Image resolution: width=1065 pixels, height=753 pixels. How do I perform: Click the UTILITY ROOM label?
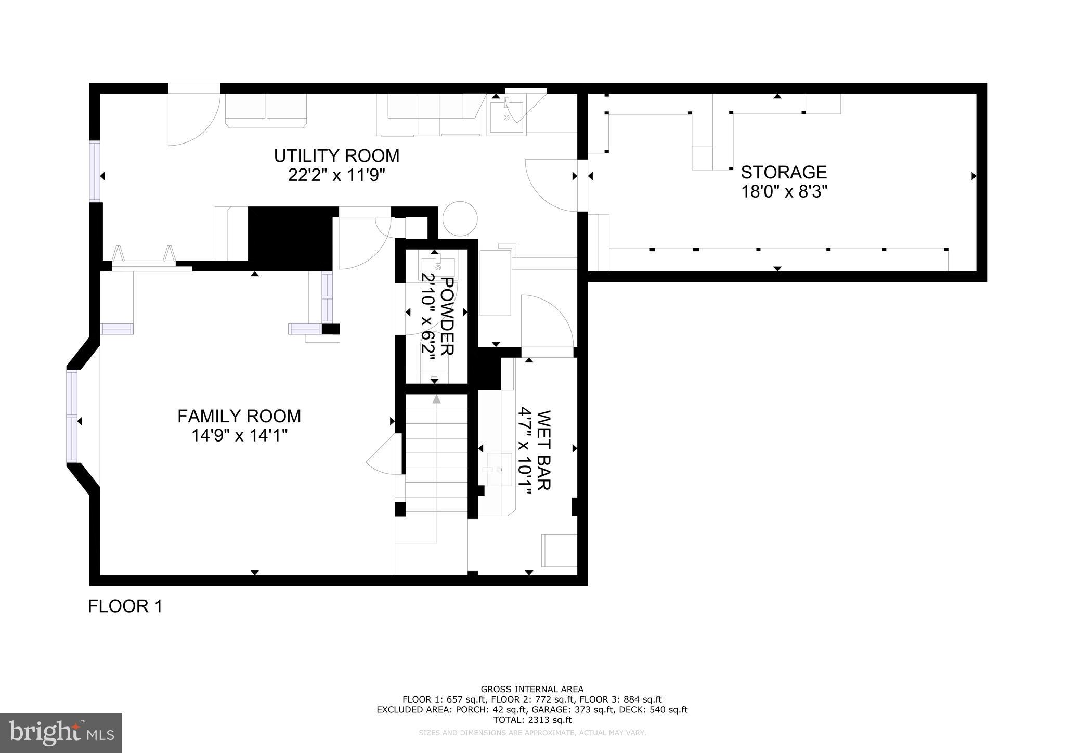[336, 155]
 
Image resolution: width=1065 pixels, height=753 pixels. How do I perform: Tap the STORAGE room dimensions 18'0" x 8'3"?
[784, 192]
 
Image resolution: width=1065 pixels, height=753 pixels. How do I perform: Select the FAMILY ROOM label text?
[239, 416]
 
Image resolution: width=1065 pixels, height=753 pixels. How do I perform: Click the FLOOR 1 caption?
[125, 606]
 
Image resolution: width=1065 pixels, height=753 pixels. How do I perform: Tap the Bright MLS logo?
[61, 732]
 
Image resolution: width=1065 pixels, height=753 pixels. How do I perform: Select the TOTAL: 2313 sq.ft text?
[532, 720]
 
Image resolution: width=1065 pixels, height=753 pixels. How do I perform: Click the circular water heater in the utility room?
[460, 219]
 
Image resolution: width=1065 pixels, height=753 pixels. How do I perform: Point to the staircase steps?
[436, 452]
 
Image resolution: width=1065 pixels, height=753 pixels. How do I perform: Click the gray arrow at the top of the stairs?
[436, 399]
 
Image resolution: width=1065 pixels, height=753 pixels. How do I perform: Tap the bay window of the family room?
[72, 416]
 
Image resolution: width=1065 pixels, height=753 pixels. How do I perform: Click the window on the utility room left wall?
[95, 172]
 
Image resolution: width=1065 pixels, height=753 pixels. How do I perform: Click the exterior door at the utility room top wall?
[193, 117]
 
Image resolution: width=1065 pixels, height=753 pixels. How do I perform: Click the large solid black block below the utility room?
[290, 238]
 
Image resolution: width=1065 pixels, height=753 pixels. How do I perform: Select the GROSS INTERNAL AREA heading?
[532, 690]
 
